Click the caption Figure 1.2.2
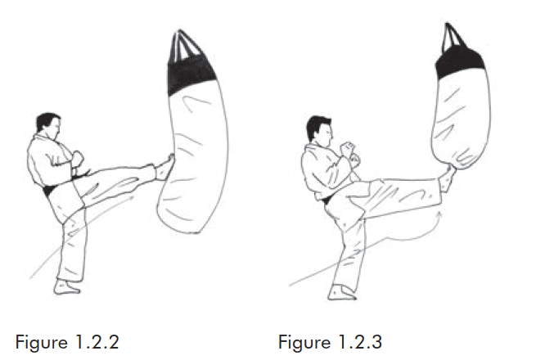(x=67, y=342)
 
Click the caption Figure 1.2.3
(x=330, y=342)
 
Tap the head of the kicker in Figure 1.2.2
(x=49, y=127)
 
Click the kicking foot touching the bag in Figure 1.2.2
(x=164, y=168)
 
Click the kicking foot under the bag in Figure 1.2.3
(x=448, y=179)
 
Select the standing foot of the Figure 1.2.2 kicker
(x=67, y=287)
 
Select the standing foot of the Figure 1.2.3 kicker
(x=342, y=293)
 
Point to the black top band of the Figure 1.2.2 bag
(x=189, y=76)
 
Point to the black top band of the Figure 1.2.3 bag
(x=460, y=62)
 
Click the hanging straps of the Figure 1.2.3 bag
(x=453, y=37)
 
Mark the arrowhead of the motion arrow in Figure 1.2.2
(x=131, y=197)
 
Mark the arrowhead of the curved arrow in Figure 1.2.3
(x=440, y=214)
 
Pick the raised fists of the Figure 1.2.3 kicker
(x=351, y=154)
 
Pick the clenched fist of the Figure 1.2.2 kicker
(x=77, y=158)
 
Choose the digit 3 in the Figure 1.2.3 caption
(x=376, y=342)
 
